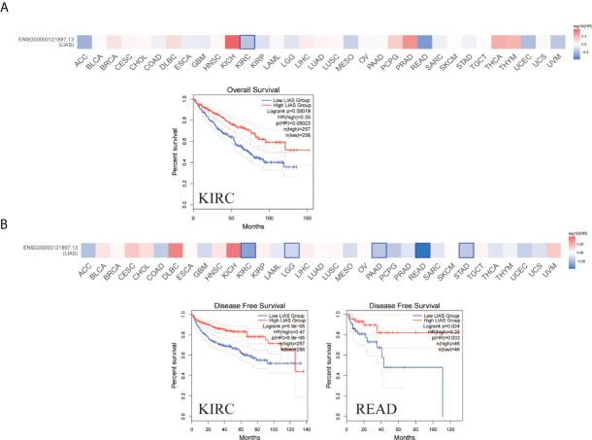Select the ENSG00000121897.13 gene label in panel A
(x=42, y=39)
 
